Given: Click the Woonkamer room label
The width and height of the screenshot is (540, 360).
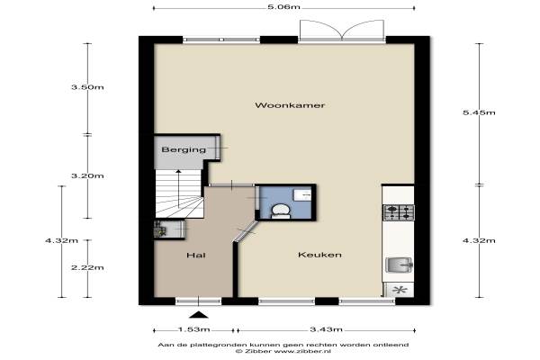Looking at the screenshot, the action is click(x=290, y=105).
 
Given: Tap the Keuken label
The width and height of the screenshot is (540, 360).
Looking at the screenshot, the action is click(x=319, y=255).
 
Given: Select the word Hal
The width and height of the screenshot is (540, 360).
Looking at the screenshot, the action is click(x=196, y=255).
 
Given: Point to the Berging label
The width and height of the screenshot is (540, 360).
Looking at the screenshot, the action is click(x=184, y=150).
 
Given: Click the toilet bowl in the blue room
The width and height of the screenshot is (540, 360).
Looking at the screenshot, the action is click(x=280, y=211).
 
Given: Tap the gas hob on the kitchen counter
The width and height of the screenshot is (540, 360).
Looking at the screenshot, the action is click(x=399, y=212).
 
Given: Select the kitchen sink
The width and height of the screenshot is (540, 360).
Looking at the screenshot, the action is click(x=399, y=265).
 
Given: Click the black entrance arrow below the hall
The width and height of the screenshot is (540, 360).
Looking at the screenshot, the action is click(x=199, y=314).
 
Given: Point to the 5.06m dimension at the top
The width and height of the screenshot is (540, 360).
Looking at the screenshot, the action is click(x=283, y=7).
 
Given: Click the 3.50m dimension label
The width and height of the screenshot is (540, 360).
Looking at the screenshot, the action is click(x=87, y=87).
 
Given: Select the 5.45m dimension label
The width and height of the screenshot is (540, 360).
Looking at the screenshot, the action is click(x=479, y=112).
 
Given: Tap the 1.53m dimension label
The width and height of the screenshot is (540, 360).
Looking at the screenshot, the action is click(x=193, y=329).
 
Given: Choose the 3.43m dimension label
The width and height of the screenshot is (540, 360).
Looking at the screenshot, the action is click(x=326, y=329).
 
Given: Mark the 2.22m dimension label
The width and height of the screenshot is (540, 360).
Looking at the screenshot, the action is click(x=87, y=267).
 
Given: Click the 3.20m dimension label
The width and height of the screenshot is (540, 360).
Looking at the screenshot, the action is click(x=87, y=176).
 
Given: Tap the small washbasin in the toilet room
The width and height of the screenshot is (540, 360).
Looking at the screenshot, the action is click(x=302, y=194).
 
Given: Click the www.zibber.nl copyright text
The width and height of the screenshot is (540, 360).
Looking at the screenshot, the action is click(x=283, y=351).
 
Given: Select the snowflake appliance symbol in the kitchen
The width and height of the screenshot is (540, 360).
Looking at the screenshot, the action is click(x=400, y=290).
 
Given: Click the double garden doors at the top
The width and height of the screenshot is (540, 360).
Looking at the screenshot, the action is click(x=342, y=31).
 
